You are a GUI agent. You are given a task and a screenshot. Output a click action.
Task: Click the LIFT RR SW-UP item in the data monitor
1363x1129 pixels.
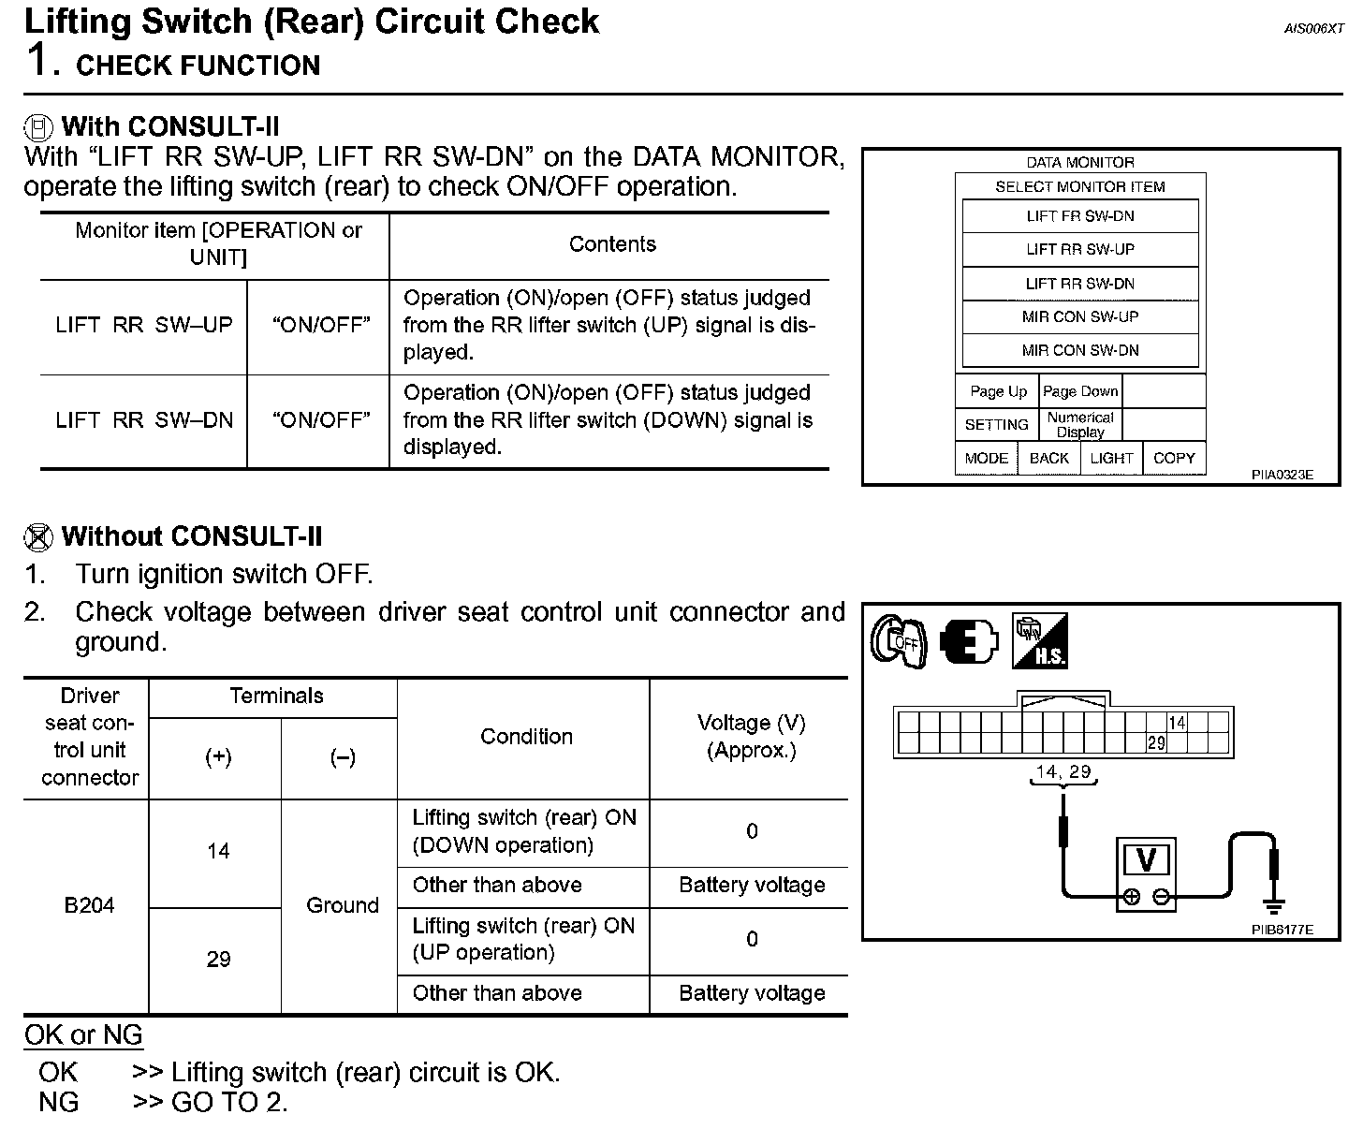coord(1079,250)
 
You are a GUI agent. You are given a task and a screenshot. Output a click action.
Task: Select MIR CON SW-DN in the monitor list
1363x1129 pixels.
coord(1079,350)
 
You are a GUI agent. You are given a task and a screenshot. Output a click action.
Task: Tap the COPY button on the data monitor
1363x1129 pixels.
coord(1173,458)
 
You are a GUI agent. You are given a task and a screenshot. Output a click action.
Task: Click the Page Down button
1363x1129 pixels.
coord(1079,391)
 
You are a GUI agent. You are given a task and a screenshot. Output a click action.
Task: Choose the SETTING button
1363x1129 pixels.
coord(996,425)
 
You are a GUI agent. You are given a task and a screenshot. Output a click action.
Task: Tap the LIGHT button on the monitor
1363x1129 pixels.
coord(1111,458)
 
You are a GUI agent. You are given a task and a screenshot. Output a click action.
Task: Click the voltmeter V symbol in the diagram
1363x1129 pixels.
coord(1146,860)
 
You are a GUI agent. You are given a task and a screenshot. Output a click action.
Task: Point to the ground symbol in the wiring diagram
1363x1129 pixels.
coord(1273,905)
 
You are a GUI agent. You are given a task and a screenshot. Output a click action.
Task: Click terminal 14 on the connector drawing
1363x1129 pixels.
coord(1177,723)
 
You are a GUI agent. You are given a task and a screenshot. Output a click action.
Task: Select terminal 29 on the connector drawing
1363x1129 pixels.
coord(1156,743)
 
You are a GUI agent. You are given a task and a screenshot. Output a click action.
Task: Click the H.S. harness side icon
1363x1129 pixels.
coord(1040,641)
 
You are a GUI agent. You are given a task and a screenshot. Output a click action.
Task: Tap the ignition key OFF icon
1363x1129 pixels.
coord(899,641)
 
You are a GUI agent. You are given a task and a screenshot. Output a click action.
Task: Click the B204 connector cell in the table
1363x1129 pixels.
coord(89,905)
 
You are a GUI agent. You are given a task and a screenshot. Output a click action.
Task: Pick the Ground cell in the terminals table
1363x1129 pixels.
coord(342,905)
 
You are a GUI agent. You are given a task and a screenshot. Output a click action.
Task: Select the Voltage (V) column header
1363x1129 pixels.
coord(751,737)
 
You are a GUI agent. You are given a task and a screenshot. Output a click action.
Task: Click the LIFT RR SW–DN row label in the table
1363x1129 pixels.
coord(144,420)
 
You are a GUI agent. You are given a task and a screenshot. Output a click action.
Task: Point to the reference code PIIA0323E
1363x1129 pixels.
coord(1282,475)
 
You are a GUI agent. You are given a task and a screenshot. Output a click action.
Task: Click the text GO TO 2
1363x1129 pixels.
coord(229,1102)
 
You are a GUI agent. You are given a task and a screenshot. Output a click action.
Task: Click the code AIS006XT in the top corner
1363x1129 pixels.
coord(1312,29)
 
